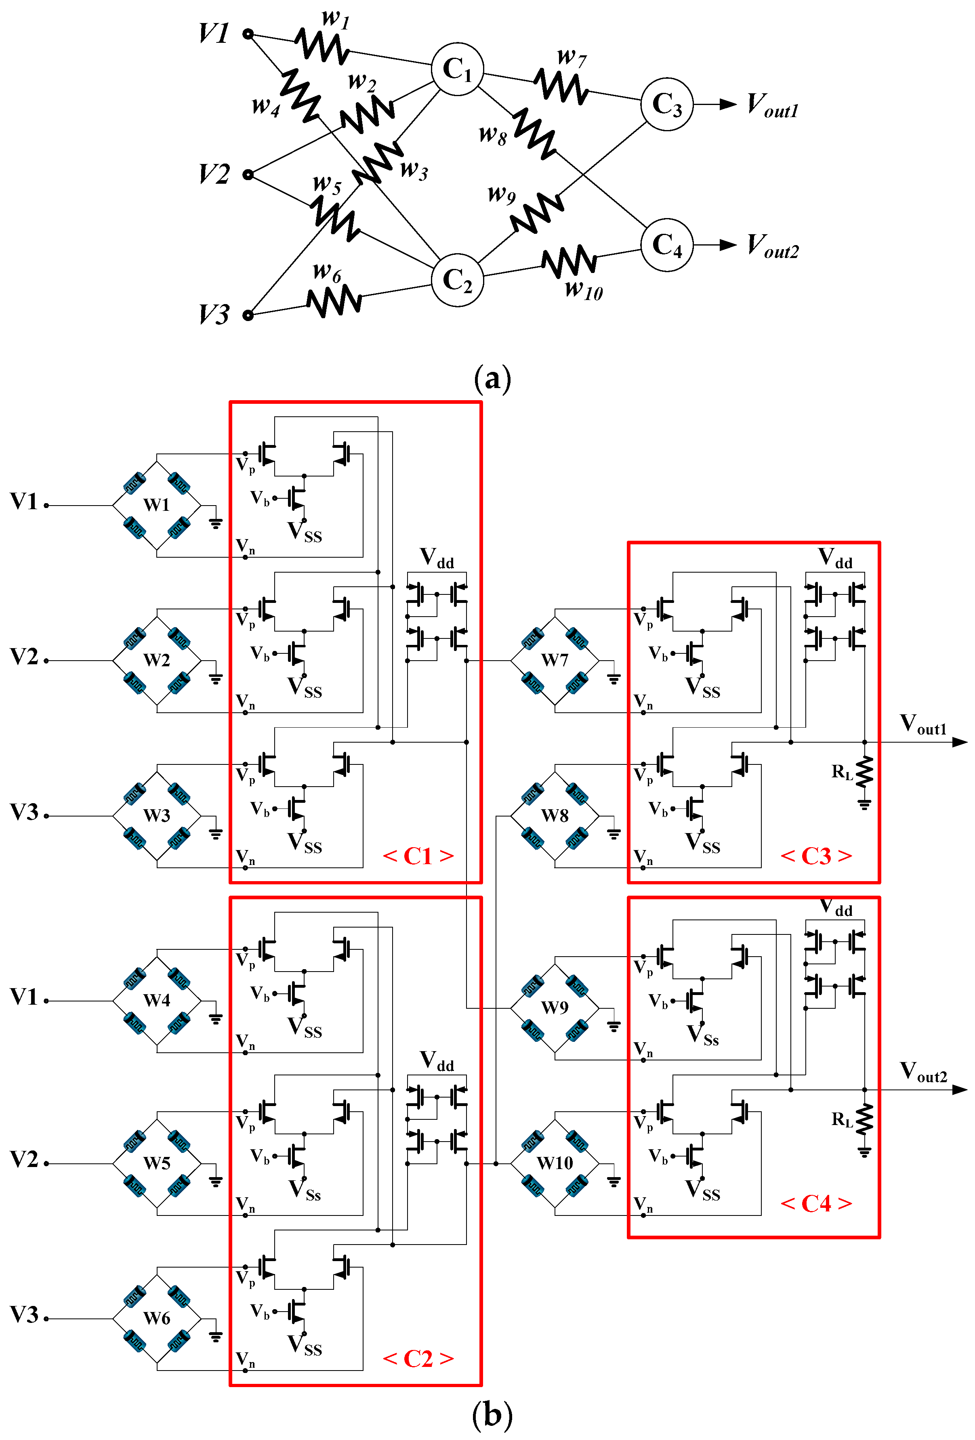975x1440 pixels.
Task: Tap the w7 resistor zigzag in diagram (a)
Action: click(561, 86)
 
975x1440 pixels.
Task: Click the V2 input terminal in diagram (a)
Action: click(248, 175)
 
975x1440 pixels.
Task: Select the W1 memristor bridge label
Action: click(156, 505)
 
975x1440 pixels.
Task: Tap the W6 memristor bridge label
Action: click(156, 1318)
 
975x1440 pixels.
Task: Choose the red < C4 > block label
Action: click(816, 1203)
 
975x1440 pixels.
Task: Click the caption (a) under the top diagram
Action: click(492, 378)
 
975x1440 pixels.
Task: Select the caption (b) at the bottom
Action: click(492, 1415)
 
